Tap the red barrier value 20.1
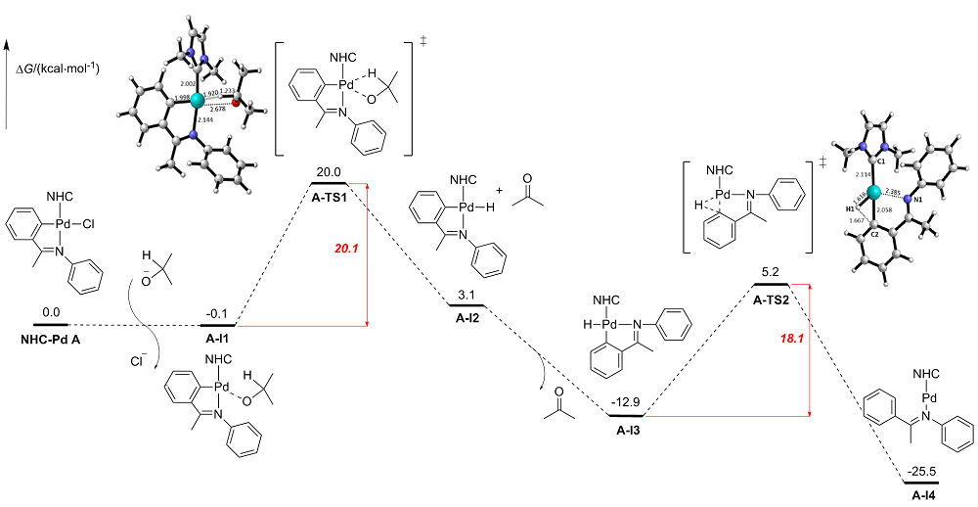(348, 250)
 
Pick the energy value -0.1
(217, 315)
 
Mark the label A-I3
(626, 428)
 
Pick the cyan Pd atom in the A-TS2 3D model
(875, 193)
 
